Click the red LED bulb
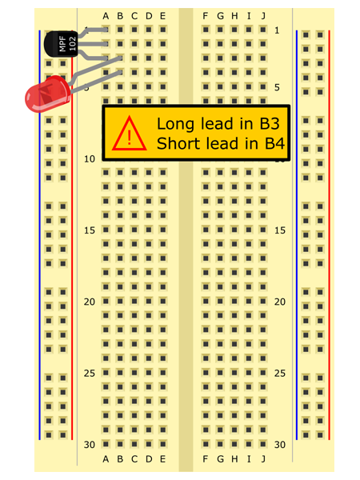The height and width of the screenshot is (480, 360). (x=48, y=94)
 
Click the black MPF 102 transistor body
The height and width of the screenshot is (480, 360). (x=62, y=44)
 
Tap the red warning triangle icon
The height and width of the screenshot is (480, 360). (x=129, y=134)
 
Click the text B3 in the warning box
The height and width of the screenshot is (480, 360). (x=270, y=124)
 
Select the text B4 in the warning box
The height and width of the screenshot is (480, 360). (x=274, y=143)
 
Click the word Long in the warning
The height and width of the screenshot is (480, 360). (x=176, y=125)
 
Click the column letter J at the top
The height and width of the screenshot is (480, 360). (x=263, y=16)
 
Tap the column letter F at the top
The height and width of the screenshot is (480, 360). (x=206, y=16)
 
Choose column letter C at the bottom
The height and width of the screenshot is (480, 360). (x=134, y=459)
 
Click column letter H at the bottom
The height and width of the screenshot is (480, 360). (x=234, y=459)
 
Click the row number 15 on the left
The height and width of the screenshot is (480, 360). (x=90, y=230)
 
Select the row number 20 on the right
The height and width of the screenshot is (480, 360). (x=280, y=302)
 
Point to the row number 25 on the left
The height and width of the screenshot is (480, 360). (x=90, y=373)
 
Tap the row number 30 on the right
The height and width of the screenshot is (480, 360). (x=280, y=445)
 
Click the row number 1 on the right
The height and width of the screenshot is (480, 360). (x=277, y=30)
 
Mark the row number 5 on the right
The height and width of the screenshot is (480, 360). (x=277, y=87)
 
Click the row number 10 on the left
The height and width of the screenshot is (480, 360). (x=90, y=159)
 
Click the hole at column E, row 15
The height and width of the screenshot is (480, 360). (x=163, y=230)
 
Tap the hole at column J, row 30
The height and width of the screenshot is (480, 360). (x=263, y=444)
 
